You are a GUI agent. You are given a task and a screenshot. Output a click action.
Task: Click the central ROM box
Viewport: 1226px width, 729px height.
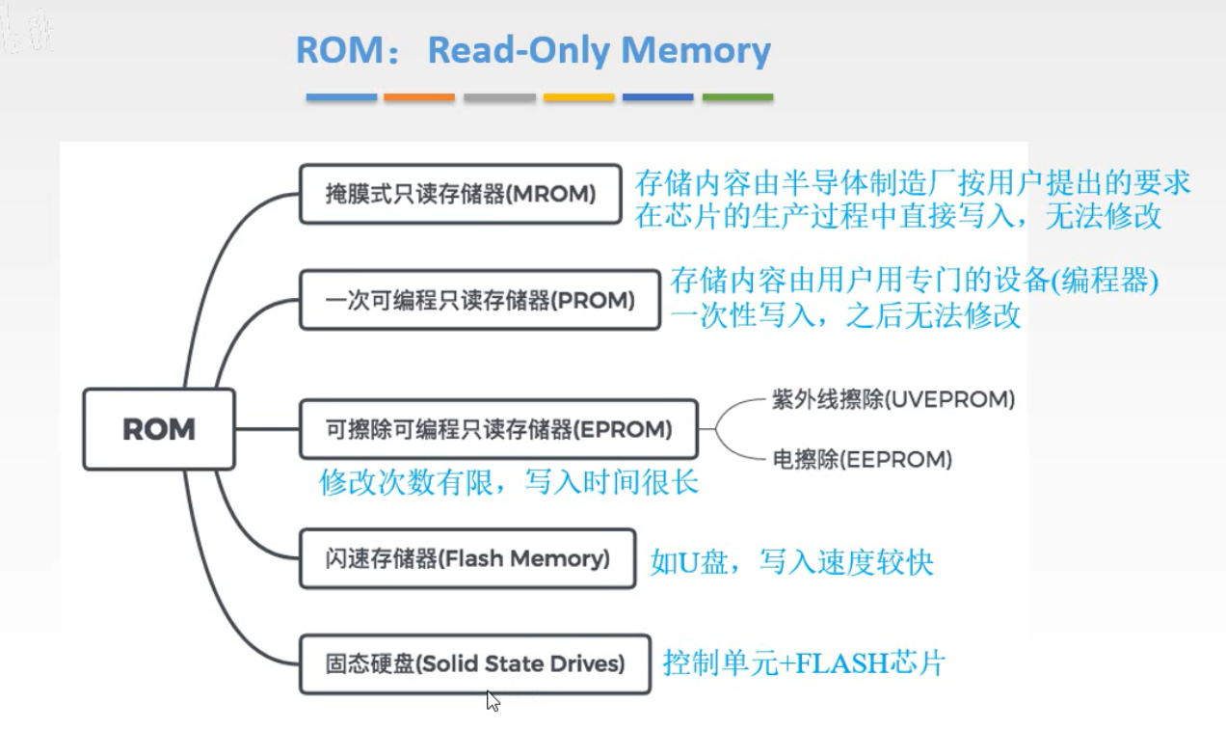click(x=159, y=429)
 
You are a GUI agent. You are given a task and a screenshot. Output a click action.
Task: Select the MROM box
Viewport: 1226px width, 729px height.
click(x=460, y=194)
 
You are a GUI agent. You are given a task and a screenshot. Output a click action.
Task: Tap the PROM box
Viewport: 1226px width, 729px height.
click(x=479, y=301)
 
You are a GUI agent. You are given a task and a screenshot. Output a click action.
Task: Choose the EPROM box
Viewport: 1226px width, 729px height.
click(x=497, y=429)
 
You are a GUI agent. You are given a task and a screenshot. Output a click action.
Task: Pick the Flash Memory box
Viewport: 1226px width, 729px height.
click(x=467, y=558)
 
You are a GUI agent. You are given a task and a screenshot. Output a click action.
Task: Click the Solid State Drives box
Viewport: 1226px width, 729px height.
click(x=474, y=663)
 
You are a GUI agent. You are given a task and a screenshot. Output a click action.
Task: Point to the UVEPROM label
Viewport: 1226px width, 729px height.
click(x=893, y=399)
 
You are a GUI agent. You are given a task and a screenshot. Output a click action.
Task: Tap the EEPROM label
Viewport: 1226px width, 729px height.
click(x=863, y=460)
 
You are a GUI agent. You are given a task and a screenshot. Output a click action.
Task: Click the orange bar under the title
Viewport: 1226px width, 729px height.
click(x=419, y=97)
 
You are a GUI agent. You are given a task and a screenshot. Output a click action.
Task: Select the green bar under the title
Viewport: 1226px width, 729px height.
click(x=737, y=97)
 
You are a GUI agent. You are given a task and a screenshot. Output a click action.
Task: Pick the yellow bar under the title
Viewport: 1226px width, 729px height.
click(x=578, y=97)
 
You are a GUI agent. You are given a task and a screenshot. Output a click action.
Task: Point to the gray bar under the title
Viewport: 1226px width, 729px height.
click(x=499, y=97)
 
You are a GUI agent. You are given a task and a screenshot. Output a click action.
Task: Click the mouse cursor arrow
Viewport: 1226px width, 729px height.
click(x=493, y=700)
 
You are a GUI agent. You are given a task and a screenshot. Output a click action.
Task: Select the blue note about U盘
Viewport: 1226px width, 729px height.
click(x=791, y=562)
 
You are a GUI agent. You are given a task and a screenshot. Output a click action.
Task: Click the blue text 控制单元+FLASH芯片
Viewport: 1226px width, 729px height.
click(x=804, y=663)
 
